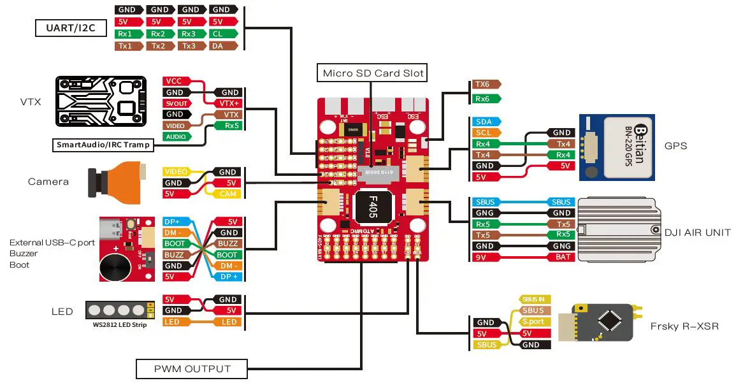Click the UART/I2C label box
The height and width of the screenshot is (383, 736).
pos(70,28)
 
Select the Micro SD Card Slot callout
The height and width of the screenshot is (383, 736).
pos(373,73)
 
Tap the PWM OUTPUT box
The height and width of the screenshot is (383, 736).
pos(191,368)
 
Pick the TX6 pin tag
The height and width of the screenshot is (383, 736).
pos(484,84)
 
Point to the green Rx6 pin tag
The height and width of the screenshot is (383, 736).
pos(484,99)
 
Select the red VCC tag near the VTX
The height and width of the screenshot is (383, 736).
pos(175,82)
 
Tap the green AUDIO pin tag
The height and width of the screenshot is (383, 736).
pos(176,136)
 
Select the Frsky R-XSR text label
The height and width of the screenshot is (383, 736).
pos(684,326)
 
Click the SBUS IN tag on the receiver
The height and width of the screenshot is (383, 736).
pos(533,299)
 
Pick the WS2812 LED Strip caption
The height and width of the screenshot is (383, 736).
pos(116,325)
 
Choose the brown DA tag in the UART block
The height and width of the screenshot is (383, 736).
pos(219,46)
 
